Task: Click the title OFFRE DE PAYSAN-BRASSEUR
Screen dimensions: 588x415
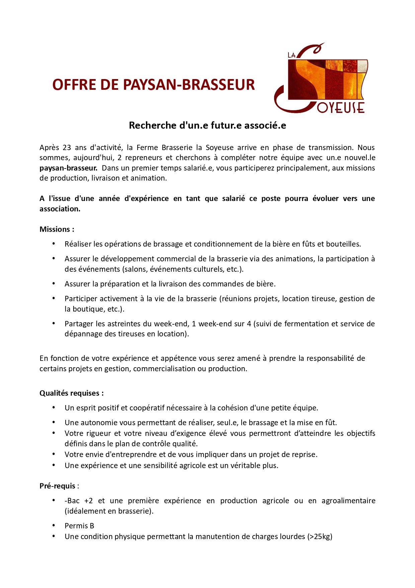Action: (x=154, y=85)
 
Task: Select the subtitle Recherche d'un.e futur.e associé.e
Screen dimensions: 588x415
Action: (x=207, y=125)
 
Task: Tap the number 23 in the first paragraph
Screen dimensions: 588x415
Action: (x=67, y=148)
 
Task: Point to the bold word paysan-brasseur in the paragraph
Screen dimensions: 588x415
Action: (x=68, y=168)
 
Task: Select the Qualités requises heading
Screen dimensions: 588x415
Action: (x=71, y=393)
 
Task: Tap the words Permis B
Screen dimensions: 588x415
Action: (x=79, y=526)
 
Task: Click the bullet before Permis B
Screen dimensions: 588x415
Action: (x=54, y=525)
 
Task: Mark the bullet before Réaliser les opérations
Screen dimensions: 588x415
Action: (x=54, y=244)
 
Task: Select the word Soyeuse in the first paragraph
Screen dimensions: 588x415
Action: (x=219, y=148)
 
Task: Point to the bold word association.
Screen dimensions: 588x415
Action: (x=60, y=209)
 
